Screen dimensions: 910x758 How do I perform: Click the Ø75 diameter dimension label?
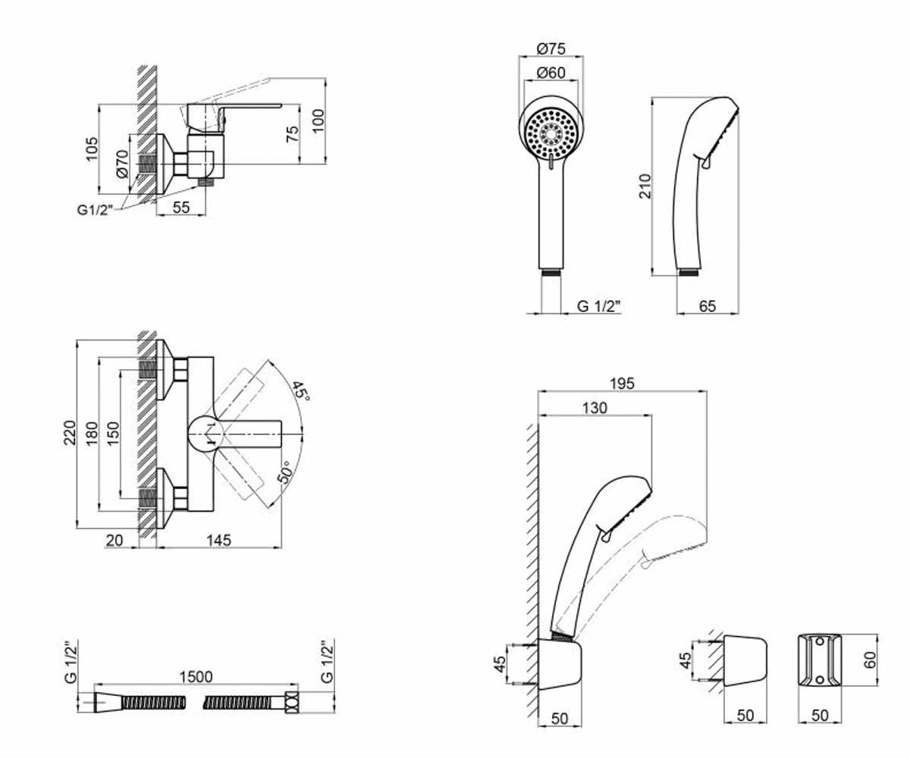coord(551,49)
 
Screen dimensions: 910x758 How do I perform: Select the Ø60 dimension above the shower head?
coord(551,73)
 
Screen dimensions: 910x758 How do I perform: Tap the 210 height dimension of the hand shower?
coord(645,186)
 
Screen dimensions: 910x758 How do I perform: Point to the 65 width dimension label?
coord(708,306)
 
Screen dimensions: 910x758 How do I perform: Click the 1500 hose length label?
coord(196,677)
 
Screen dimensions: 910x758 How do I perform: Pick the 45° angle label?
coord(300,392)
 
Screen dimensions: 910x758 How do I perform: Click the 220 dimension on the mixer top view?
coord(70,433)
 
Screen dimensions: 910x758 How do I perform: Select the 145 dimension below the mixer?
coord(219,540)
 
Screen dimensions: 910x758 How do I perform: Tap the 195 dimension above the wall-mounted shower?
coord(623,384)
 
